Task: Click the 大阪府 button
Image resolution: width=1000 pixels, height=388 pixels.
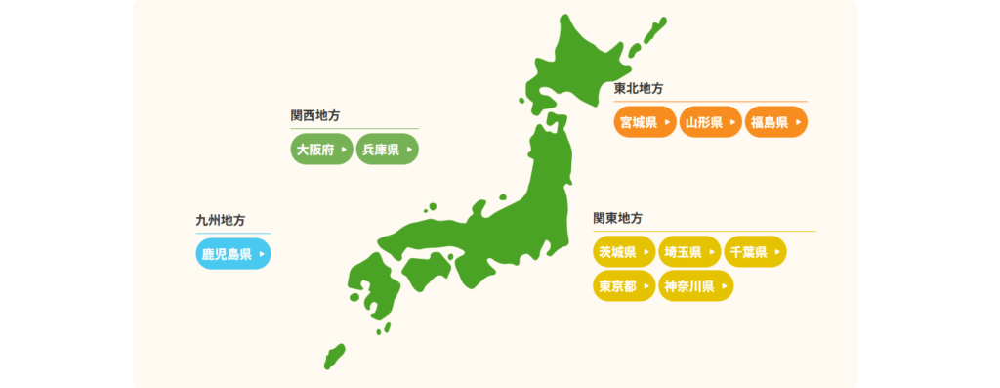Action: (x=322, y=150)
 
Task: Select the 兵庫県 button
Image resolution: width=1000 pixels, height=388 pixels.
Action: (x=387, y=150)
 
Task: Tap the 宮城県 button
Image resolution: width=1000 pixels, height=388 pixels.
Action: (x=645, y=122)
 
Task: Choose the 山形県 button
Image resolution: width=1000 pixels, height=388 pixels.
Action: (x=710, y=122)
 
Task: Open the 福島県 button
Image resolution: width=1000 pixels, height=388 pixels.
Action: (x=775, y=122)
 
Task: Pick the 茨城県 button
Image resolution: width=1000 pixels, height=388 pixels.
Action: (x=623, y=252)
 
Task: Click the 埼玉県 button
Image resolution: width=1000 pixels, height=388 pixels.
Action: (x=688, y=252)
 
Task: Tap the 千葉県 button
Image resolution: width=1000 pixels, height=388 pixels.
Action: (x=754, y=252)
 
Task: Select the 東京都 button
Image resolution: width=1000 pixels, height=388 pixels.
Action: (x=623, y=286)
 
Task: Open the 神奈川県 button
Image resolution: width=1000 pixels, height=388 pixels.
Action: (x=695, y=286)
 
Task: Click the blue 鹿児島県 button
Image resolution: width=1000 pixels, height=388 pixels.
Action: (x=232, y=254)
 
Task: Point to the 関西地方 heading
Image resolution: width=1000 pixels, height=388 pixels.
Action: (x=315, y=115)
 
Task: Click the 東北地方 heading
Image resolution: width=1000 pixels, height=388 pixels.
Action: (x=639, y=88)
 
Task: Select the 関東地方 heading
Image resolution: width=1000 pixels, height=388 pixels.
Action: (x=617, y=218)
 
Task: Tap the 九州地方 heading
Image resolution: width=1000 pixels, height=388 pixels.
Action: (x=220, y=220)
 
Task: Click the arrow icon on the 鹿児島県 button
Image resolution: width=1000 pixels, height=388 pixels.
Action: (x=261, y=254)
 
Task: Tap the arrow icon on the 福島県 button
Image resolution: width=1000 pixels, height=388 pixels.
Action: (x=798, y=122)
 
